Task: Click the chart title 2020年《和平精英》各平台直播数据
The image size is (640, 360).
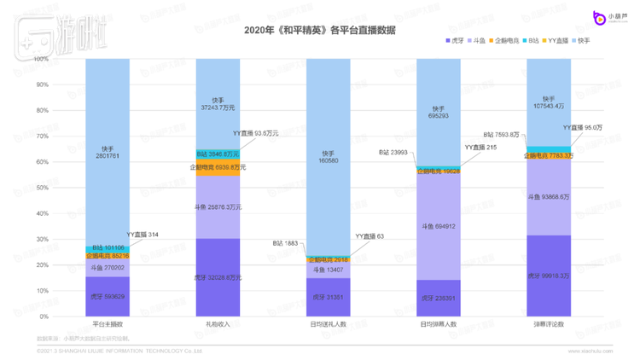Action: click(x=319, y=31)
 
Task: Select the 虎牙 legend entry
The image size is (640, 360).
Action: click(x=455, y=40)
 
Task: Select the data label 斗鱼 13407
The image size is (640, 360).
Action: click(x=327, y=270)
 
